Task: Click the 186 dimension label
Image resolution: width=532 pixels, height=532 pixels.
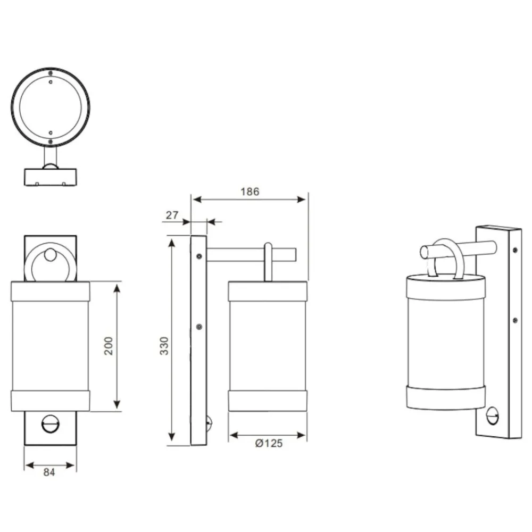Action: click(x=250, y=192)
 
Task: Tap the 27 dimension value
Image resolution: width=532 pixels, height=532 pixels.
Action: click(x=172, y=215)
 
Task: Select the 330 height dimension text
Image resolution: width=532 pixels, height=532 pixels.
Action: click(x=164, y=346)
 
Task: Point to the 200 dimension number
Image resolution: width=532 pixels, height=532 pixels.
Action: click(x=108, y=346)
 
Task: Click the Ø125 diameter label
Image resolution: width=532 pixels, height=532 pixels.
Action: click(x=269, y=443)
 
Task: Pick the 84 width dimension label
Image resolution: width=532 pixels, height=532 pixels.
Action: click(x=49, y=472)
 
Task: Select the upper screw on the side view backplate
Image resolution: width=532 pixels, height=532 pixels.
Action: click(x=199, y=256)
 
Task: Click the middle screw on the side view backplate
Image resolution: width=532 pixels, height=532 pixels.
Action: click(x=199, y=327)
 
